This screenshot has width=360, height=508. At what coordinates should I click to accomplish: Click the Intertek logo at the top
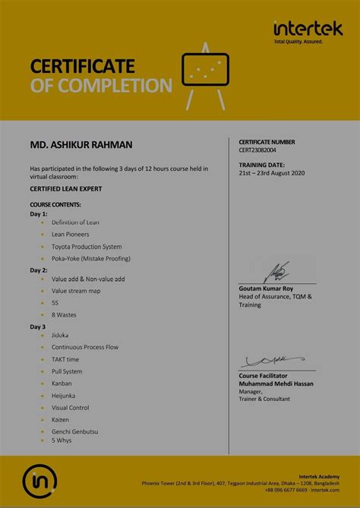(308, 30)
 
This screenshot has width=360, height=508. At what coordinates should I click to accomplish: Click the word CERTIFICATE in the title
(82, 67)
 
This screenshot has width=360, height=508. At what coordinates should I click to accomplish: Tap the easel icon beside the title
(205, 77)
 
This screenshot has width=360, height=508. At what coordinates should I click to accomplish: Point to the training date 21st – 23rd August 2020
(271, 172)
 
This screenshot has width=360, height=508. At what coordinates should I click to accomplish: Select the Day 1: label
(39, 214)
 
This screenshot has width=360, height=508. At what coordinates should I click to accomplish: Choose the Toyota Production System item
(86, 247)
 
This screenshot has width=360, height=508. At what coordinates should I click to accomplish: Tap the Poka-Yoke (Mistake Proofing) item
(90, 258)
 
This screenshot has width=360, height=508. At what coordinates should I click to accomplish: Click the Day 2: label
(39, 270)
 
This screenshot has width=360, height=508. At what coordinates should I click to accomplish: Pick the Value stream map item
(76, 291)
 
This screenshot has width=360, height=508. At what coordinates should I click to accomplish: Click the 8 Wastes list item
(64, 314)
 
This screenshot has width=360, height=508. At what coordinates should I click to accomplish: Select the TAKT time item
(65, 359)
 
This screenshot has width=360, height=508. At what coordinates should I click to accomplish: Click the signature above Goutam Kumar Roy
(277, 272)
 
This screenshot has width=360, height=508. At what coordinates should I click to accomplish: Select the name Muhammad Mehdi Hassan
(276, 383)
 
